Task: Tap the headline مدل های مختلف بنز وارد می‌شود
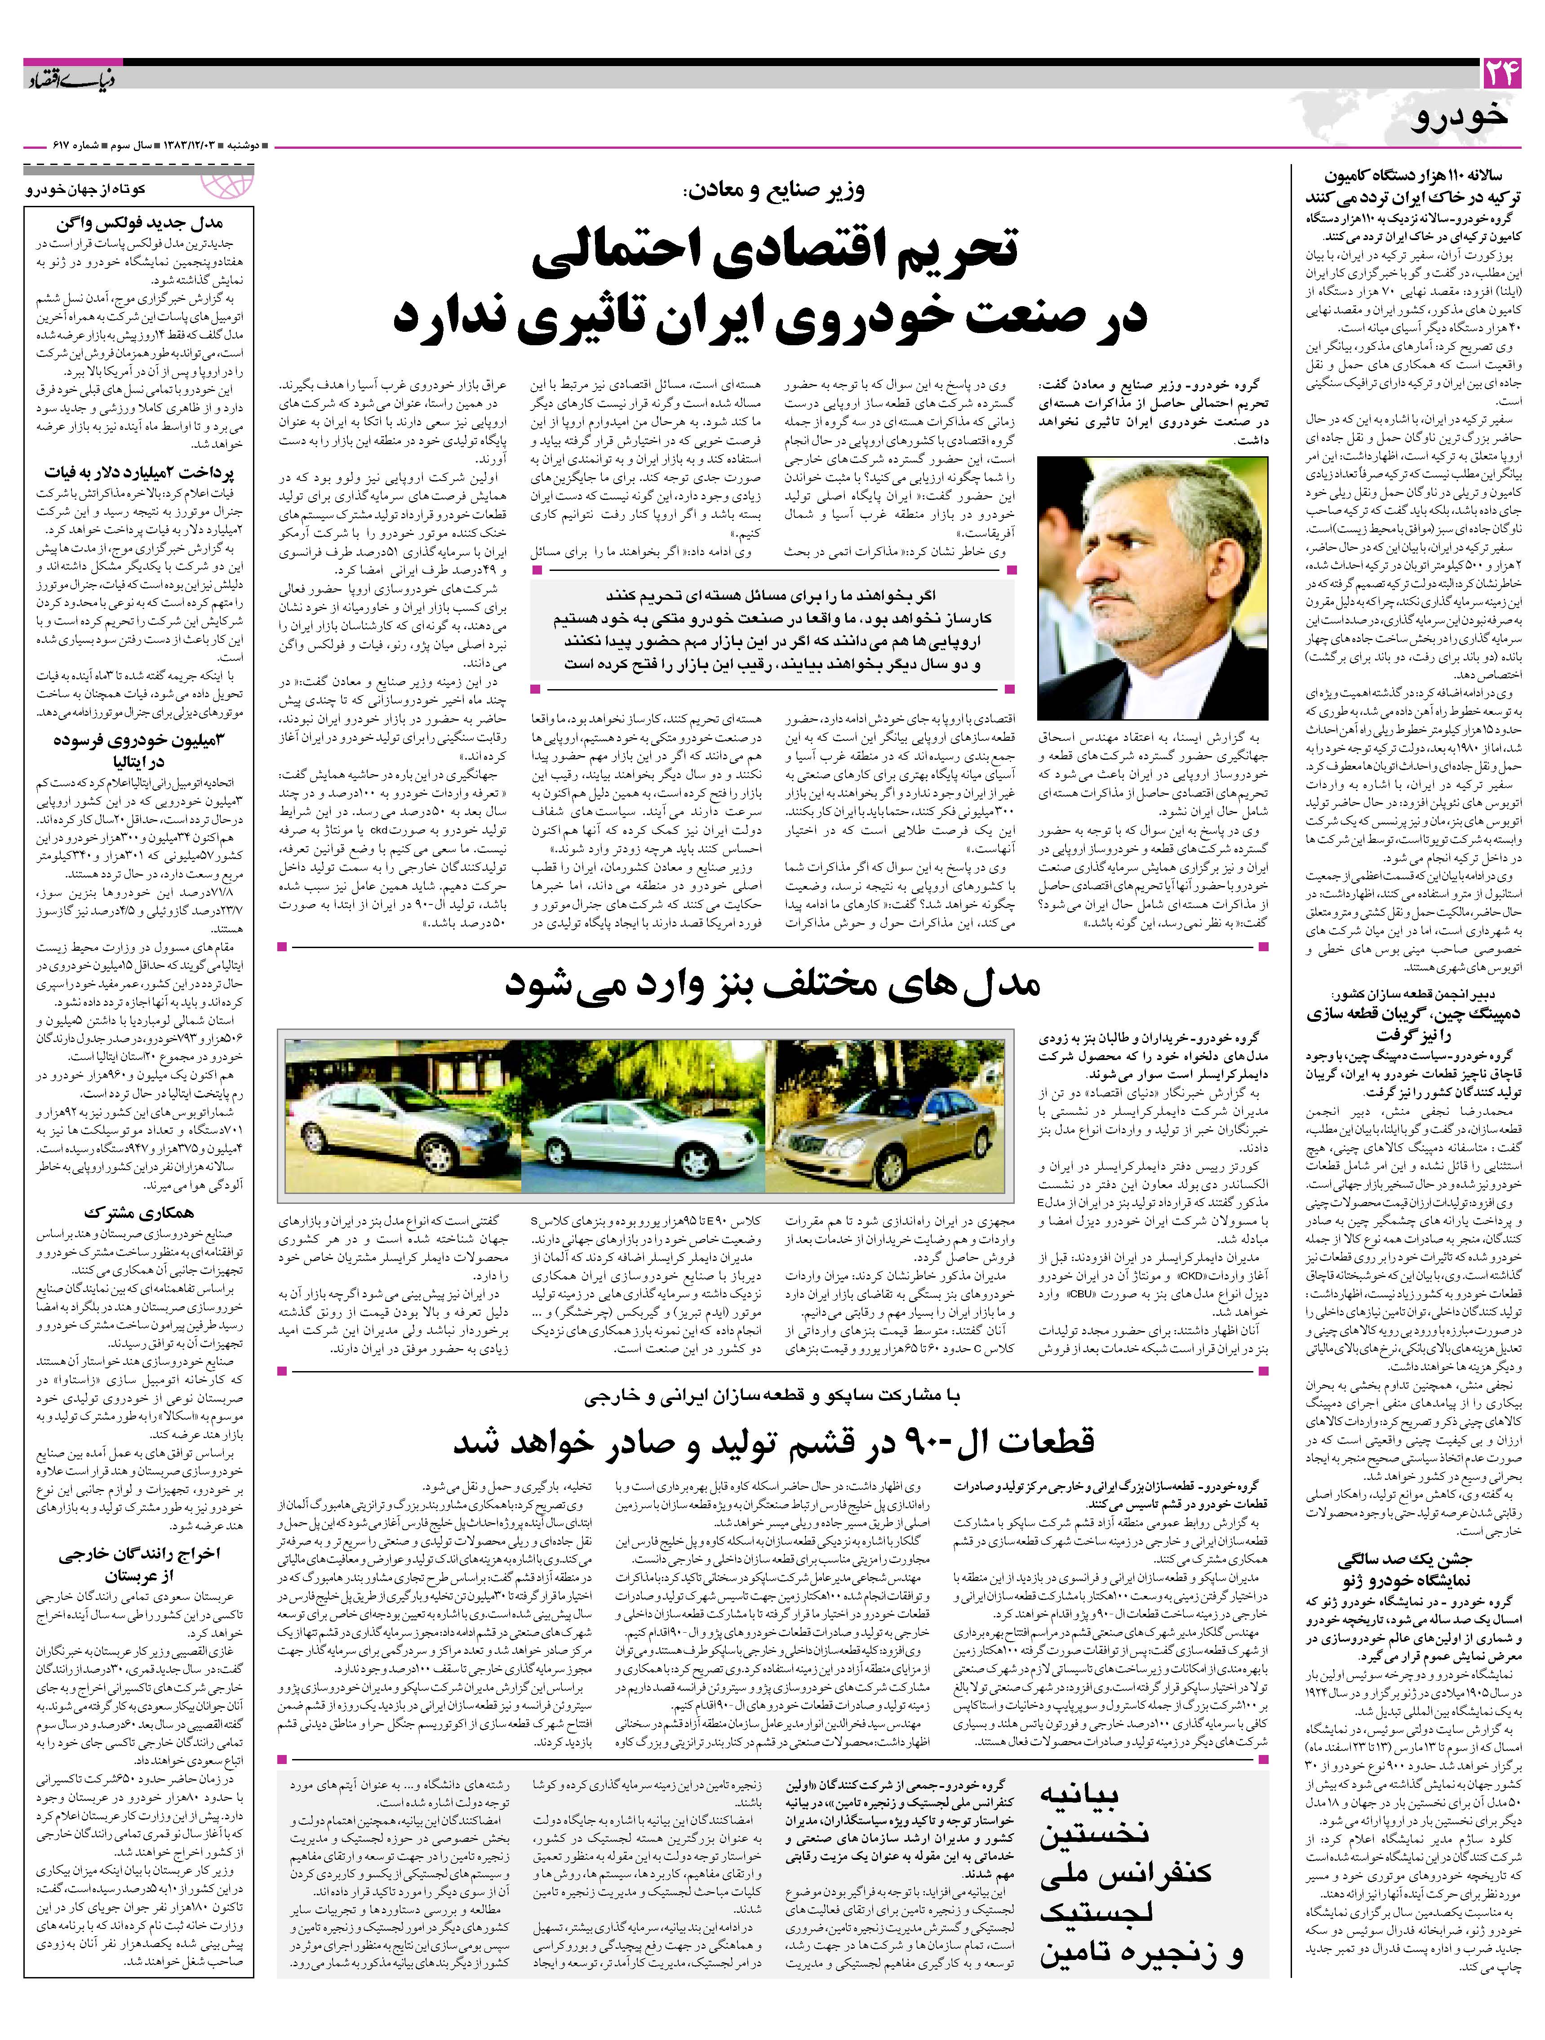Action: pyautogui.click(x=772, y=985)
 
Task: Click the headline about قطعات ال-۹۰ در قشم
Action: pyautogui.click(x=772, y=1442)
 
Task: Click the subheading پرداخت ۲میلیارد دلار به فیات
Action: pyautogui.click(x=138, y=472)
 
